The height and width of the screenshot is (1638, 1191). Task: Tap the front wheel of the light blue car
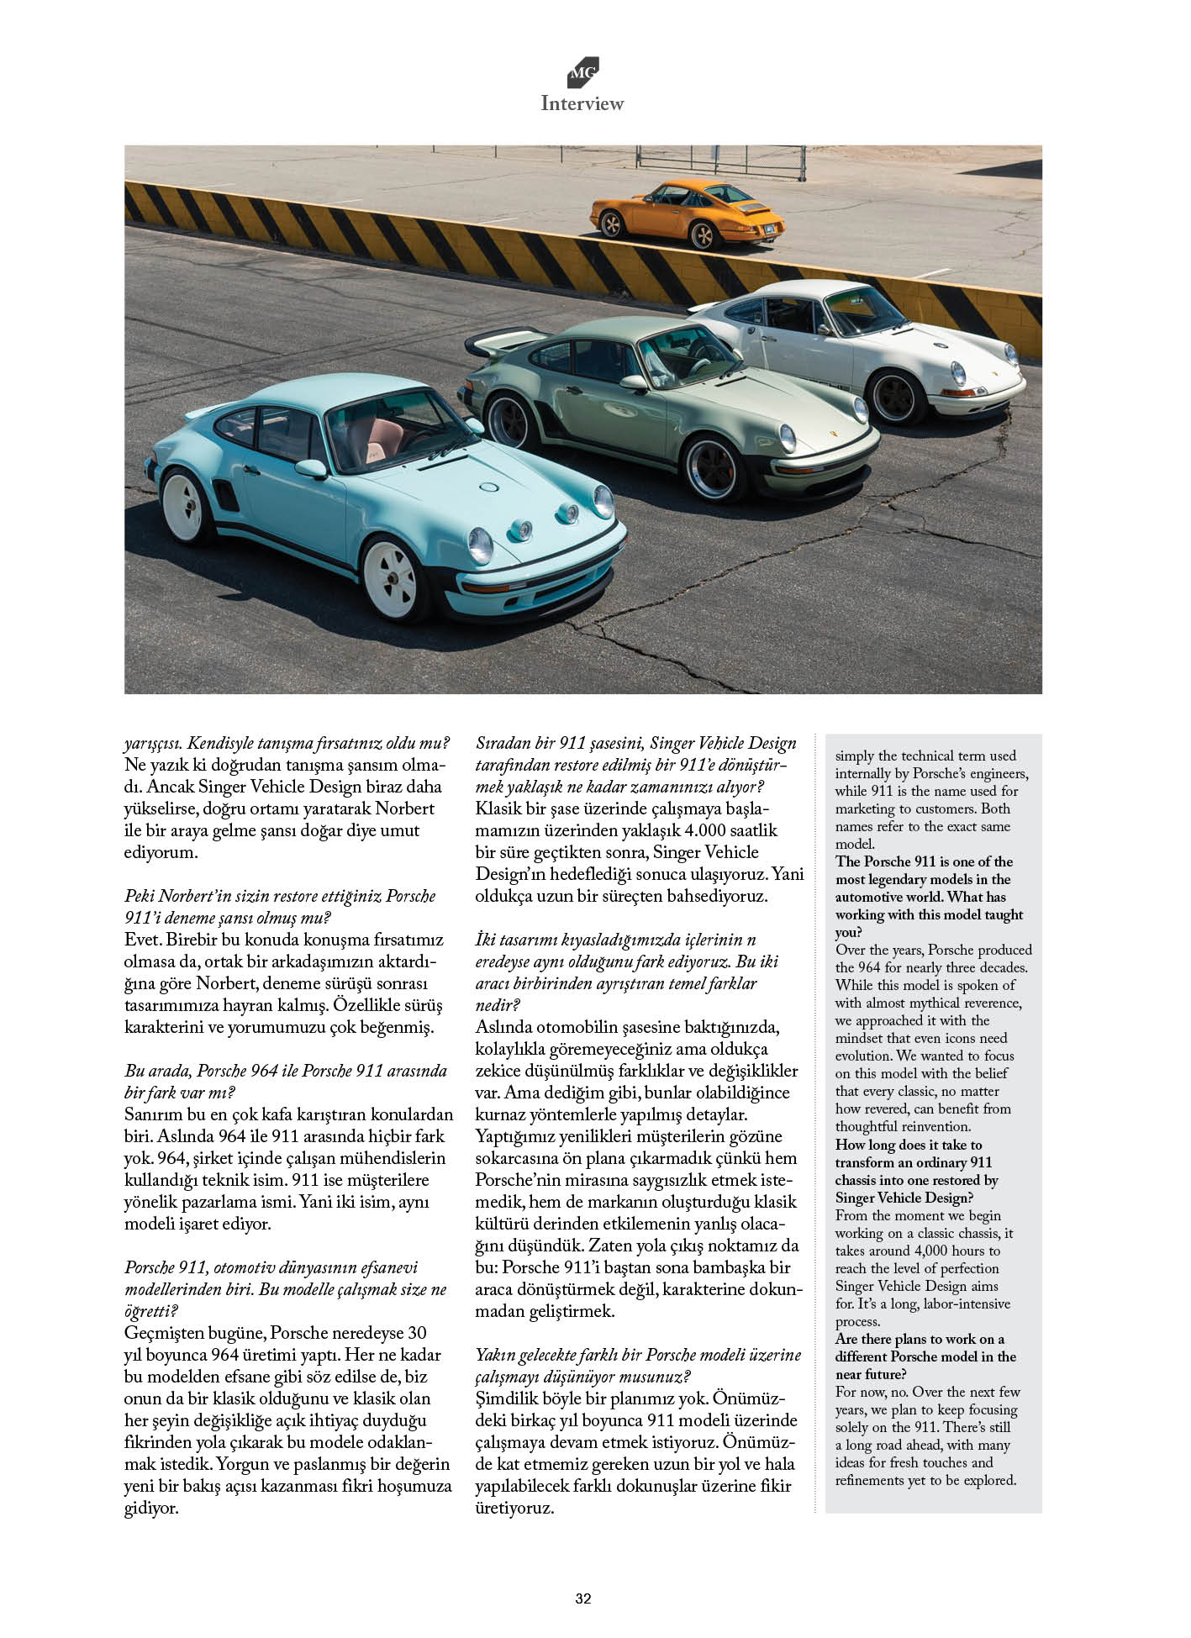click(391, 579)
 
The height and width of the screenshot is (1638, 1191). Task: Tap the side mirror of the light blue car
click(311, 469)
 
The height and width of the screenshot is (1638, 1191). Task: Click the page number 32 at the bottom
click(583, 1599)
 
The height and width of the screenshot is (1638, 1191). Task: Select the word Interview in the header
click(582, 103)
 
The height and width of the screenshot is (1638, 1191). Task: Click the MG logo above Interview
click(582, 73)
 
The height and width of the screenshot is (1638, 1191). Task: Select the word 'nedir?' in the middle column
click(498, 1005)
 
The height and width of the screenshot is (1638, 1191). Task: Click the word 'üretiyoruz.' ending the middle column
click(514, 1508)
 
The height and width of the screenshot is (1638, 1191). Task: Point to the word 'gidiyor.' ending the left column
click(151, 1508)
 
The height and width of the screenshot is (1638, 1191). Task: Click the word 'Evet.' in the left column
click(142, 940)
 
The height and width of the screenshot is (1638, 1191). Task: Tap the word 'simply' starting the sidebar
click(855, 756)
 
